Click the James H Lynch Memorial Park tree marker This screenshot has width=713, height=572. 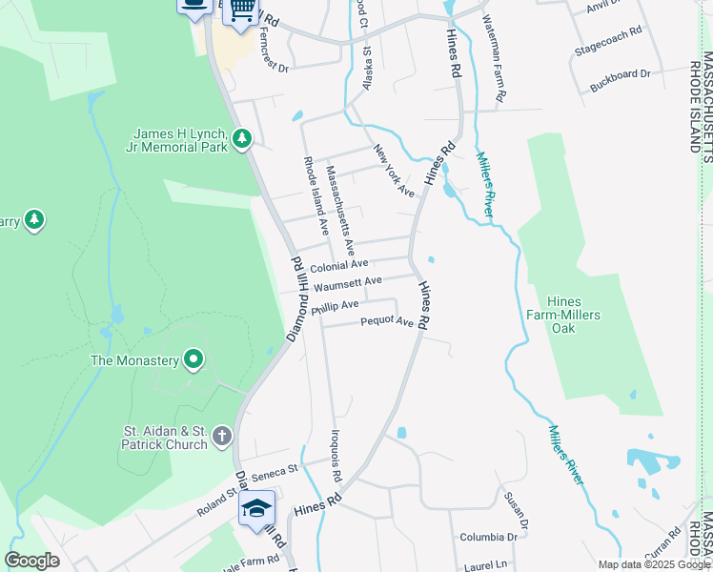pos(242,140)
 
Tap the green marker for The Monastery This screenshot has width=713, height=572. pos(194,360)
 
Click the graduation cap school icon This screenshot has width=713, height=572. pos(255,509)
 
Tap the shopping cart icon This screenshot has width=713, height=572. pos(243,9)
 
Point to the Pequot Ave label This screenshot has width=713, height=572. pos(387,322)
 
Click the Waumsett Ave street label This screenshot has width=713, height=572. pos(348,282)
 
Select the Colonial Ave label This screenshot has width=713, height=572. pos(339,265)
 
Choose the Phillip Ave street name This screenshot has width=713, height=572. pos(335,305)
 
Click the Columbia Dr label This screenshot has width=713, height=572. pos(488,537)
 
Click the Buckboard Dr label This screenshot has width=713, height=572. pos(620,74)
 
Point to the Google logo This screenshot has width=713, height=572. pos(32,561)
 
